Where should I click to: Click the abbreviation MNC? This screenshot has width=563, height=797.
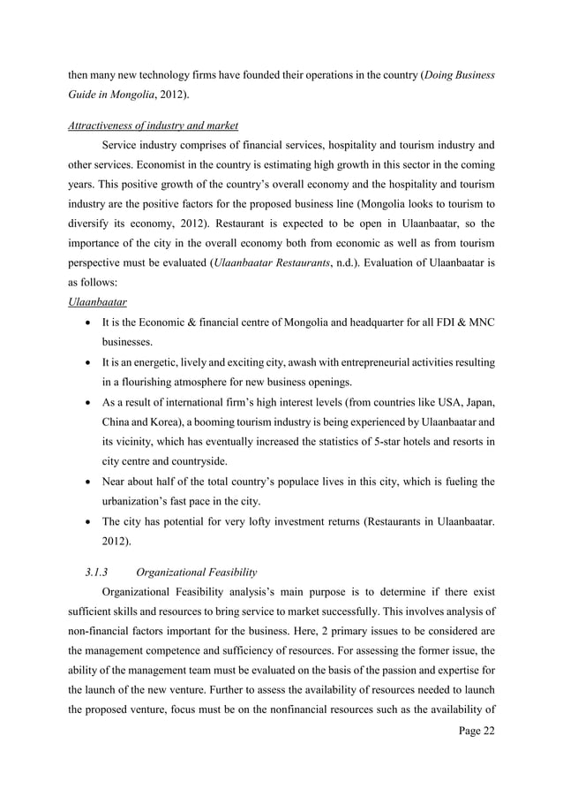point(478,323)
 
